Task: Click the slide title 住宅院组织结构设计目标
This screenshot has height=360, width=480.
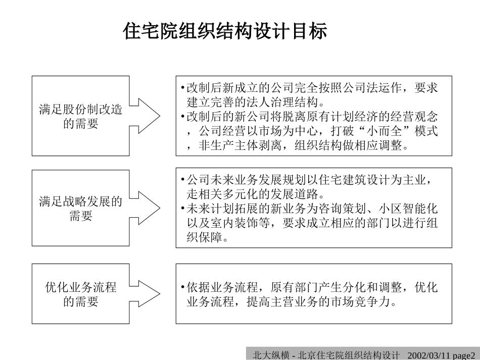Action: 225,31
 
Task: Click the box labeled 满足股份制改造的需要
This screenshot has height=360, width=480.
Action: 80,116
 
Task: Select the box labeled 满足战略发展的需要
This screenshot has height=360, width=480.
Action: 80,209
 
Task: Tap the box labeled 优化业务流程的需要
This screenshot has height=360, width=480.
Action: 80,294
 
